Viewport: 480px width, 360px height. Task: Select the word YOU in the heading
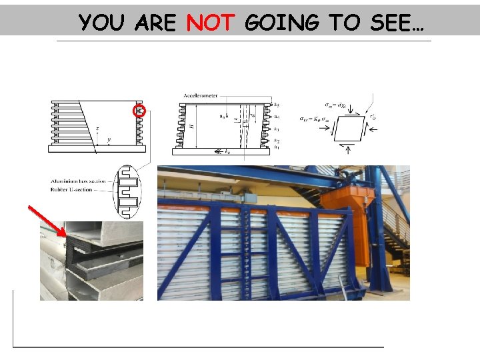tap(103, 23)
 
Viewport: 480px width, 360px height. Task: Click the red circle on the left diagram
tap(139, 111)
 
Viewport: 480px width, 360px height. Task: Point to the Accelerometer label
tap(201, 96)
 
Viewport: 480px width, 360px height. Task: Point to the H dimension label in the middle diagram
tap(192, 125)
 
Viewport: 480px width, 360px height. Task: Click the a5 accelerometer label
tap(276, 105)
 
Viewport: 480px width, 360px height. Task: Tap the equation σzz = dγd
tap(340, 104)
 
